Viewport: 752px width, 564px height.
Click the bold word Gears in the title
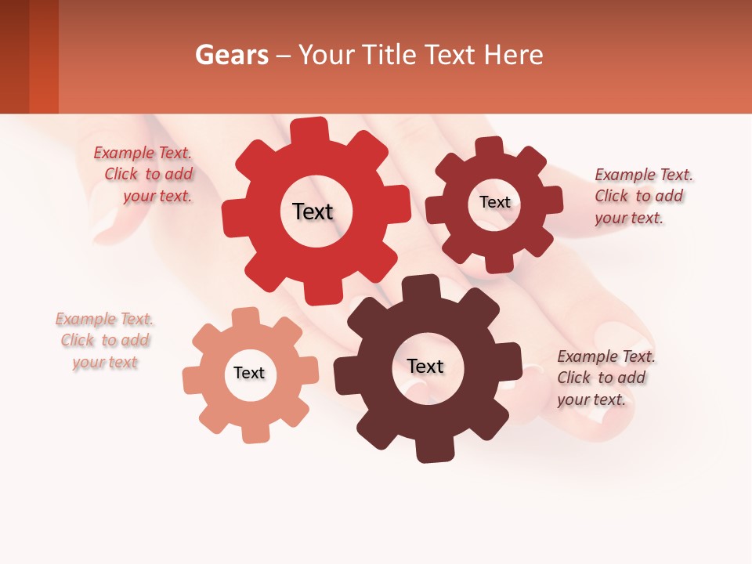click(230, 55)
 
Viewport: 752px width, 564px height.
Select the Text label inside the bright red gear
click(313, 211)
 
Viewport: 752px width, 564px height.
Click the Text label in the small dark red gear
click(494, 202)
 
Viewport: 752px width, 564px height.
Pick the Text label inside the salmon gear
click(249, 374)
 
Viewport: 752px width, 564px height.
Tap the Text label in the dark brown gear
click(425, 367)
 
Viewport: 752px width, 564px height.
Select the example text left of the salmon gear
click(105, 341)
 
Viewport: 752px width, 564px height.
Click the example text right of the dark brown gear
click(605, 378)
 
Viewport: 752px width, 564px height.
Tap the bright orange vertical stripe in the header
click(44, 56)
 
